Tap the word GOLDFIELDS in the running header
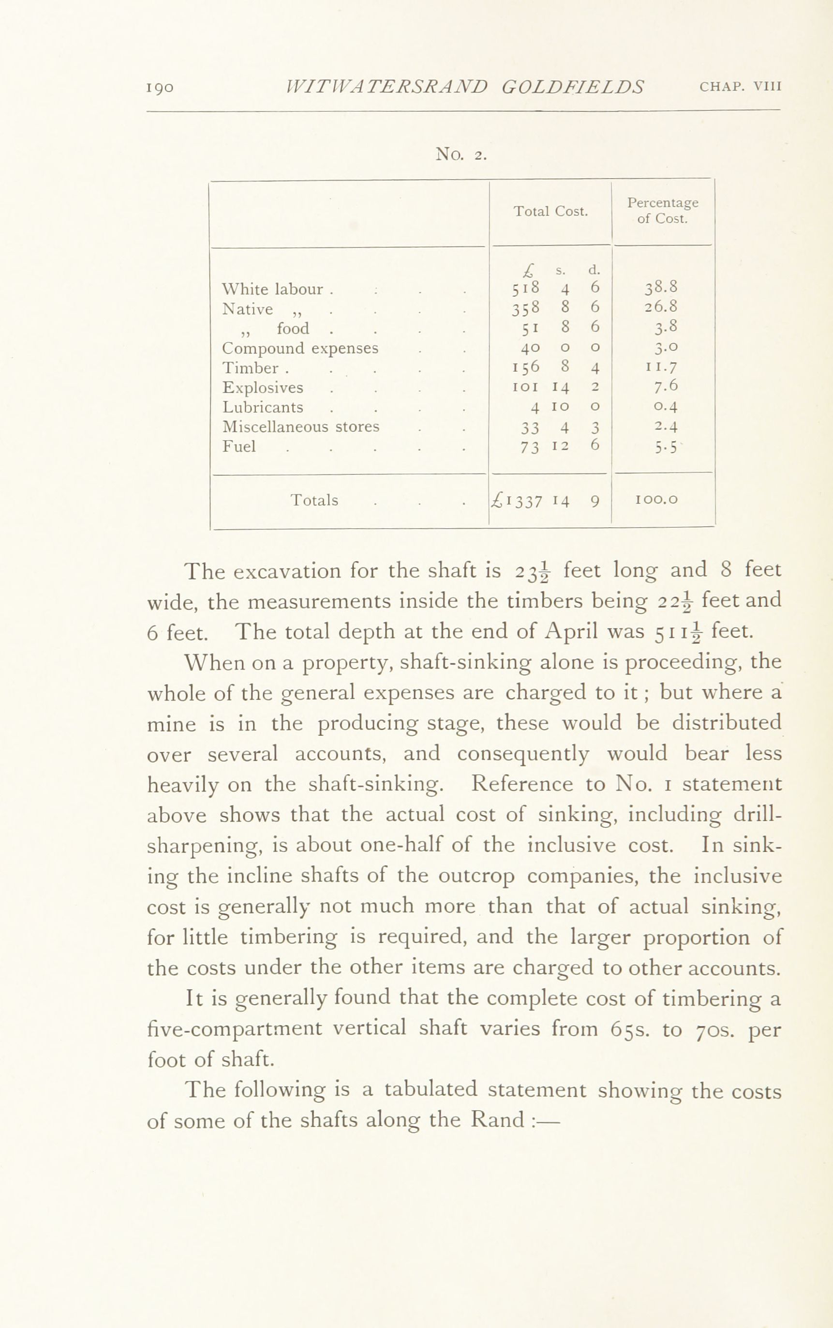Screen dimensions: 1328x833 click(572, 87)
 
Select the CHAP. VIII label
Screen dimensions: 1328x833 click(741, 87)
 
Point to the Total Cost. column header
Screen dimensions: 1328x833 click(551, 211)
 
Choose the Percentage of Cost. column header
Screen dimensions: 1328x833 click(662, 211)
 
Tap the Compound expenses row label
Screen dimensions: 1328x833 click(300, 349)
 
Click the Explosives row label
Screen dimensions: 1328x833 click(263, 387)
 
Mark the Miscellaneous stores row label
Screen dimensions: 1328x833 click(301, 427)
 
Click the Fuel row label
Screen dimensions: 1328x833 click(239, 446)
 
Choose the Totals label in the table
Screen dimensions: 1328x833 click(314, 500)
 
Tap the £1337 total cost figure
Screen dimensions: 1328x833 click(519, 501)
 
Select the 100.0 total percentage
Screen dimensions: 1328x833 click(656, 500)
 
